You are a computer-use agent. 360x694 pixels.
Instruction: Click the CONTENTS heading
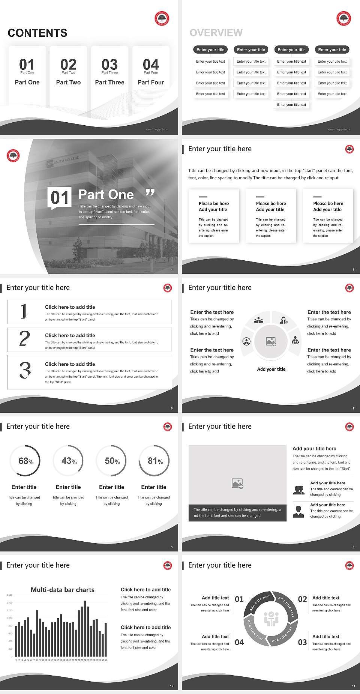(x=37, y=33)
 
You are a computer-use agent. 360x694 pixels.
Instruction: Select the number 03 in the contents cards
(x=109, y=64)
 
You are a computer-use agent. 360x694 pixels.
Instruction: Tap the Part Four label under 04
(x=151, y=82)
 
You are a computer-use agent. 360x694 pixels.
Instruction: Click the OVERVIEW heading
(x=216, y=33)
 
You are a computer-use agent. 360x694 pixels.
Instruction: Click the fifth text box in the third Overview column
(x=291, y=105)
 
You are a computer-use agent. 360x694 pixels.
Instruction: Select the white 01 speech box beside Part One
(x=60, y=197)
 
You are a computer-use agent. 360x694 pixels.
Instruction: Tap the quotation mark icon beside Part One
(x=150, y=193)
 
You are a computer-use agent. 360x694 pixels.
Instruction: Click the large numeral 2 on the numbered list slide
(x=25, y=339)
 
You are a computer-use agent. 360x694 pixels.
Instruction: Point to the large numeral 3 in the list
(x=25, y=370)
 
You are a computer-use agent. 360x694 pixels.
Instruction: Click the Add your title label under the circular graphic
(x=271, y=369)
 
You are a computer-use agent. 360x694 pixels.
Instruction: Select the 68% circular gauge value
(x=25, y=461)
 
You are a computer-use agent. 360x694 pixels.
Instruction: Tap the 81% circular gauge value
(x=155, y=461)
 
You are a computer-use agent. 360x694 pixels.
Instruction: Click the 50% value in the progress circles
(x=112, y=461)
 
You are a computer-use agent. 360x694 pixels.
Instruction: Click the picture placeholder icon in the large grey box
(x=237, y=484)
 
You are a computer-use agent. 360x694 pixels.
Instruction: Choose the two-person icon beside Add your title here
(x=298, y=490)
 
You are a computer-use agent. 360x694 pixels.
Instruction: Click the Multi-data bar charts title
(x=62, y=590)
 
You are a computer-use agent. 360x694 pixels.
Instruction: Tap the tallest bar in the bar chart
(x=85, y=628)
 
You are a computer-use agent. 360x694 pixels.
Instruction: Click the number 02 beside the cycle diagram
(x=302, y=599)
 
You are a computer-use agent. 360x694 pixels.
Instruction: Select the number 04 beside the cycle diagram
(x=239, y=642)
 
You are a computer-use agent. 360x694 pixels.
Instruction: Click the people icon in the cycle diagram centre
(x=271, y=619)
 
